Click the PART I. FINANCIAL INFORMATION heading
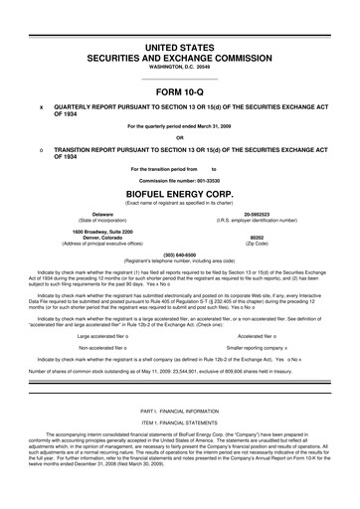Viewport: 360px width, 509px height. [x=179, y=411]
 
